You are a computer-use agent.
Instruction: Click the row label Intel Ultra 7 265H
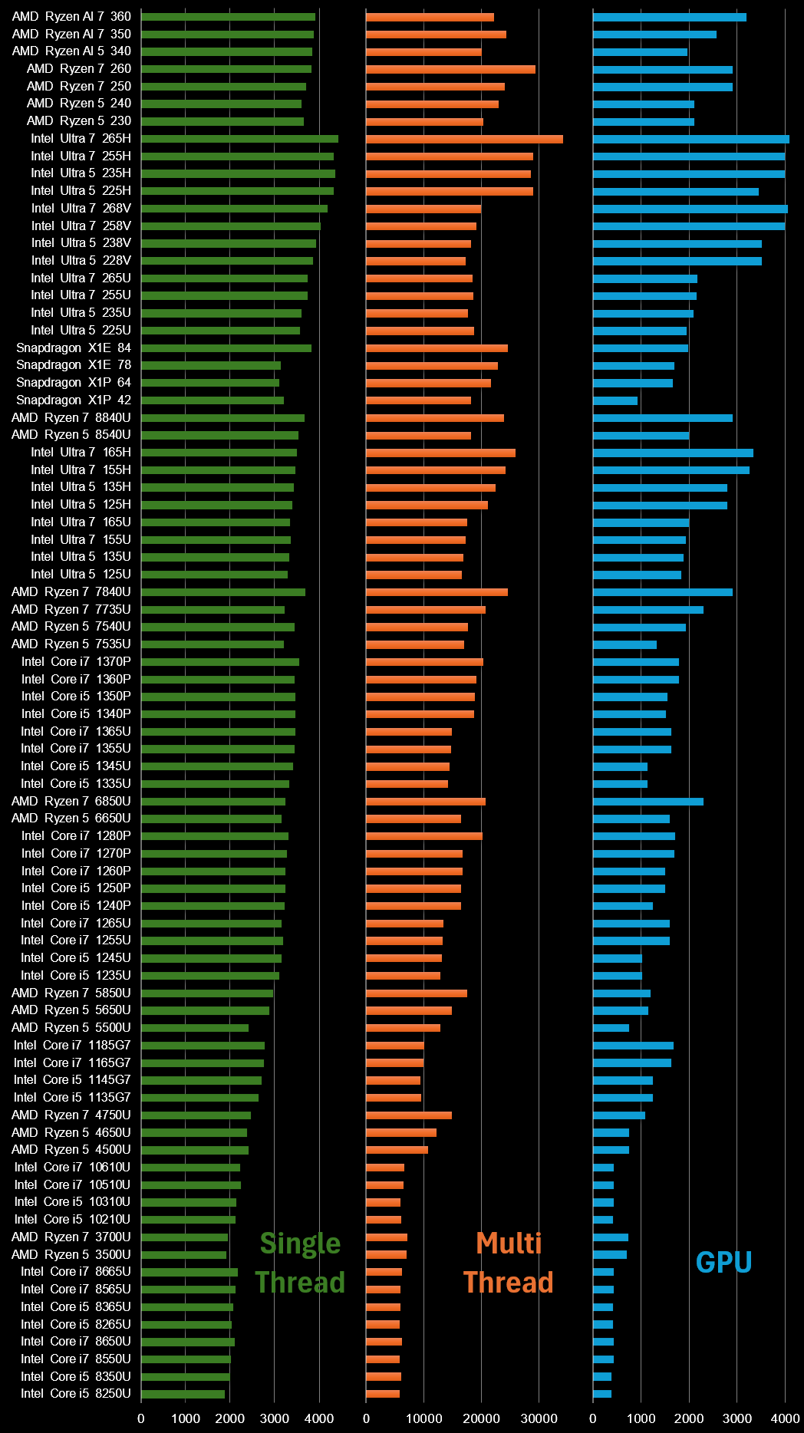[x=81, y=139]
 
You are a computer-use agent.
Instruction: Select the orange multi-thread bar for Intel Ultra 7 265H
[x=464, y=140]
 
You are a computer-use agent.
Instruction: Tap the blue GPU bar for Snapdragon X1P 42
[x=615, y=400]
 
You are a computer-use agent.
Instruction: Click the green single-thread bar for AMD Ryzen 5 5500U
[x=195, y=1028]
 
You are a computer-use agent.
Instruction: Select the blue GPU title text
[x=723, y=1262]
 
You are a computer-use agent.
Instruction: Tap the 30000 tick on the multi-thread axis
[x=539, y=1418]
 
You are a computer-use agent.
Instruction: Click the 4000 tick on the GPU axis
[x=785, y=1418]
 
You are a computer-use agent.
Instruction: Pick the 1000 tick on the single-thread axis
[x=186, y=1418]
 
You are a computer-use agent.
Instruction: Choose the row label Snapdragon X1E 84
[x=74, y=348]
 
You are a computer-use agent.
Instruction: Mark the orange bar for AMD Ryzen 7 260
[x=450, y=69]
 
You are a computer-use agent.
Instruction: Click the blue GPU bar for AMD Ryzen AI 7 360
[x=669, y=17]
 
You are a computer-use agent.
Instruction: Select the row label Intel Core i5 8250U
[x=76, y=1394]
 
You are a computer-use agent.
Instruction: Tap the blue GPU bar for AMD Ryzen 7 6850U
[x=648, y=802]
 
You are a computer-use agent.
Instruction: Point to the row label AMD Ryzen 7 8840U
[x=71, y=418]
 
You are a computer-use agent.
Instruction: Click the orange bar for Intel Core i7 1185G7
[x=395, y=1046]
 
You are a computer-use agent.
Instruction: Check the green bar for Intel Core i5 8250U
[x=183, y=1394]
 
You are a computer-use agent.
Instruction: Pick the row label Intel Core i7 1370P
[x=76, y=662]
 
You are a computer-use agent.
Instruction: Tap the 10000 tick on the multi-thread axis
[x=423, y=1418]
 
